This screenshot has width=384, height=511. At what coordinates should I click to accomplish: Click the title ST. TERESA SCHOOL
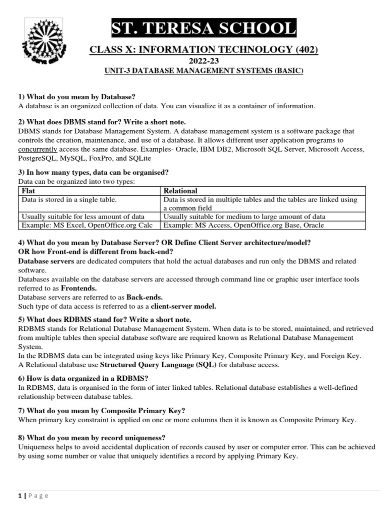203,29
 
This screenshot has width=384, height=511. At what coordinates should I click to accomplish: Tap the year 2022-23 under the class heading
203,61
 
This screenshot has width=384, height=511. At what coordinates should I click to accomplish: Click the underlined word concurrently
37,149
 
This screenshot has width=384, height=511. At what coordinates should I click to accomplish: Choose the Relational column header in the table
180,191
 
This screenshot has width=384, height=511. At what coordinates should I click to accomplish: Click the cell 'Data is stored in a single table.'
69,200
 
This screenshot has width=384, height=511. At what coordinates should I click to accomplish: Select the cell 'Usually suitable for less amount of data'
83,217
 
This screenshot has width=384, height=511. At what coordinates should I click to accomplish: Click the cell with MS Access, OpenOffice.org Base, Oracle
243,225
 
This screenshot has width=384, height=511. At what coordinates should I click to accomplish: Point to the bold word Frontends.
79,288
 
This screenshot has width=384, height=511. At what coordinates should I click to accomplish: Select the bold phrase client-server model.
183,306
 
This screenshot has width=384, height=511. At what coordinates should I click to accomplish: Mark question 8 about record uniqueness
92,438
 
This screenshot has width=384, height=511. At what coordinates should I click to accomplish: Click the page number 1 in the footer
20,496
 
